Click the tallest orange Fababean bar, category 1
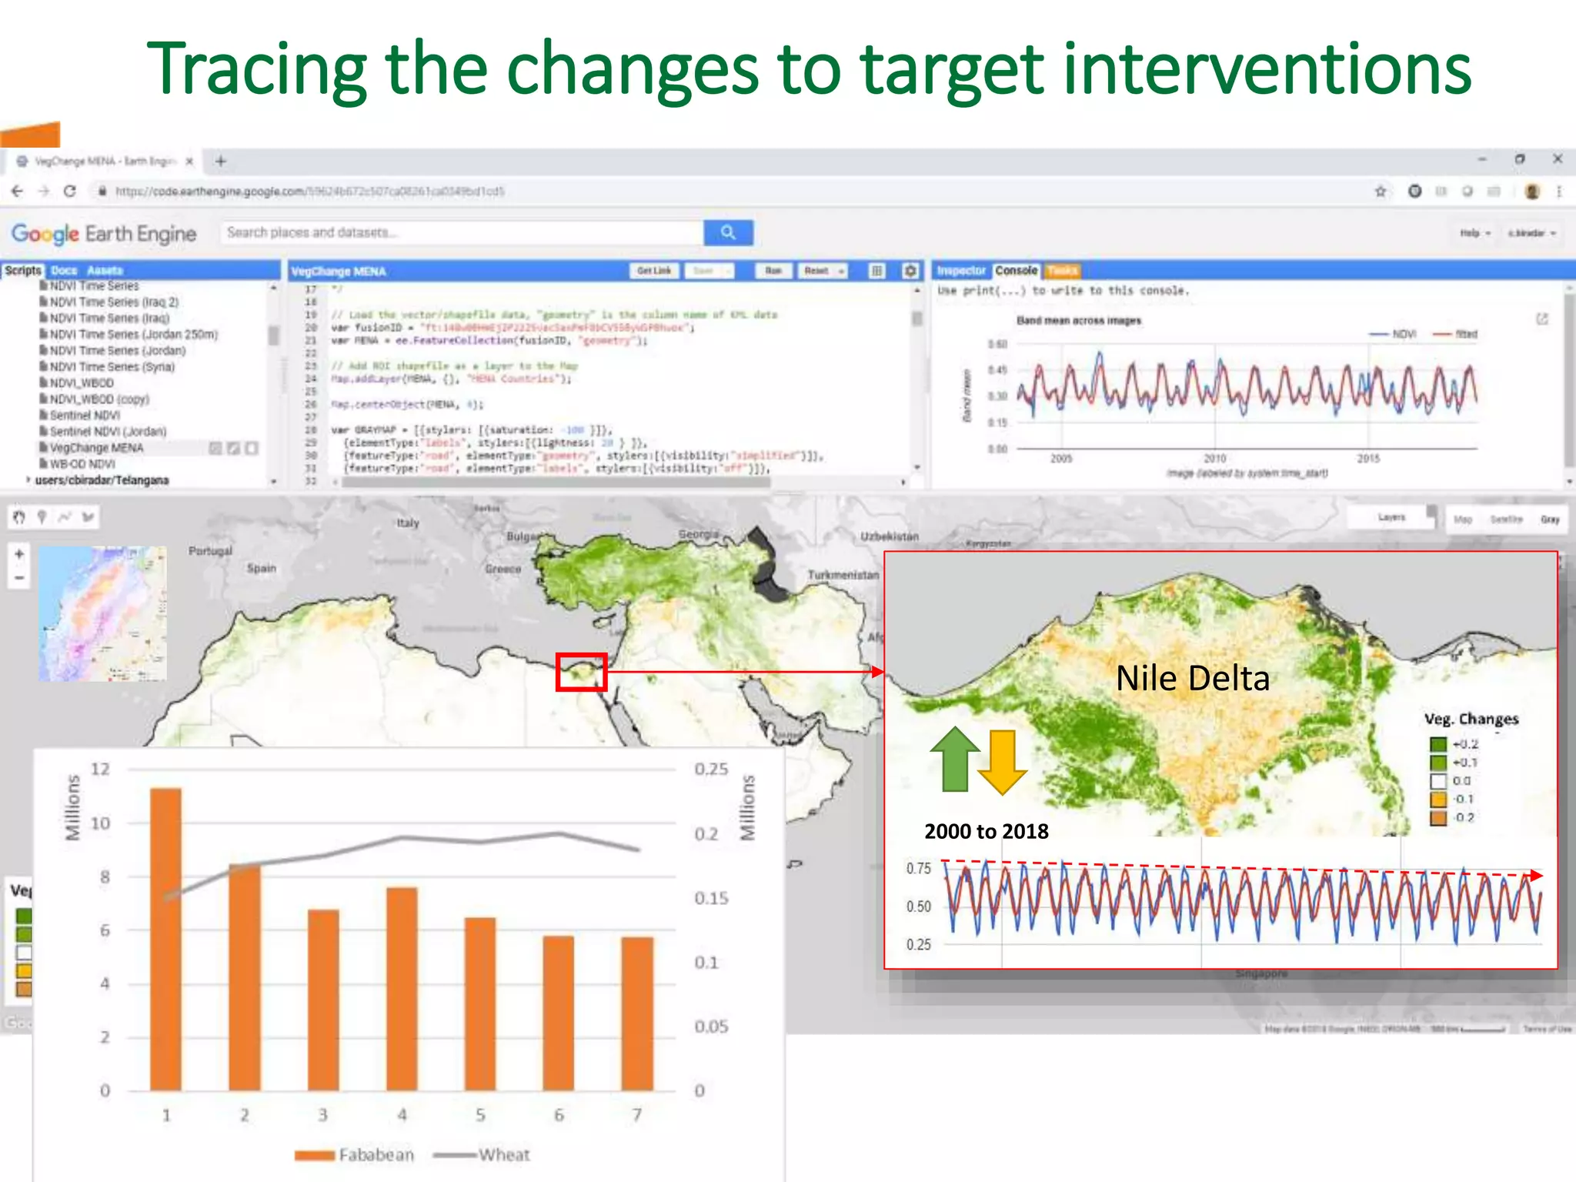tap(165, 939)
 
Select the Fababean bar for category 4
tap(402, 989)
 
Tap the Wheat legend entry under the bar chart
tap(483, 1154)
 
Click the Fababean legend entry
tap(356, 1154)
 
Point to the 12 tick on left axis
tap(100, 769)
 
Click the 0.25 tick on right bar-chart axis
tap(710, 769)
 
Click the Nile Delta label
tap(1192, 678)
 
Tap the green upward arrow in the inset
tap(955, 759)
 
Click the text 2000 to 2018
tap(986, 831)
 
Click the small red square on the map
tap(581, 672)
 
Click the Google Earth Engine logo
tap(104, 233)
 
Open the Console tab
tap(1016, 271)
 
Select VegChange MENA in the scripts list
tap(96, 448)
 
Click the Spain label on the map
tap(261, 568)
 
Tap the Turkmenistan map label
tap(843, 575)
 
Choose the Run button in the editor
tap(773, 271)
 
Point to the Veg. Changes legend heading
tap(1471, 719)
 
